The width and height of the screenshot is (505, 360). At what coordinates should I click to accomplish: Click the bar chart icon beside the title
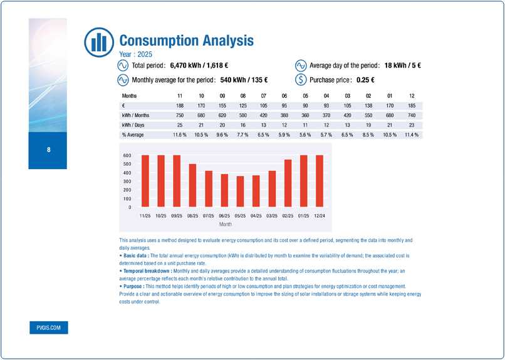[x=98, y=41]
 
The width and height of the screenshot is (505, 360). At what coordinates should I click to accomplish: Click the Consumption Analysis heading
[x=186, y=41]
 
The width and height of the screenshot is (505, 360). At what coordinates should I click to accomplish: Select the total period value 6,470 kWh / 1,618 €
[x=199, y=65]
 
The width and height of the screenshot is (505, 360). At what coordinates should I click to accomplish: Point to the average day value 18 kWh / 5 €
[x=393, y=65]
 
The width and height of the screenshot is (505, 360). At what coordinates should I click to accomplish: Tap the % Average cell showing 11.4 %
[x=410, y=134]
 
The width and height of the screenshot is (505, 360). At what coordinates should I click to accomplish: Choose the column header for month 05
[x=305, y=96]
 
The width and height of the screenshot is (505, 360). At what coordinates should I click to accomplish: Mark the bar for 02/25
[x=288, y=183]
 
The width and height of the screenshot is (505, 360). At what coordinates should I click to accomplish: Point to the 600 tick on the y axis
[x=127, y=155]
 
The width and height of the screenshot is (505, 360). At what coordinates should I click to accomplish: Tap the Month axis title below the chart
[x=226, y=223]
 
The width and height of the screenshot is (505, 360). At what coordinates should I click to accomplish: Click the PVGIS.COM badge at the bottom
[x=48, y=328]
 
